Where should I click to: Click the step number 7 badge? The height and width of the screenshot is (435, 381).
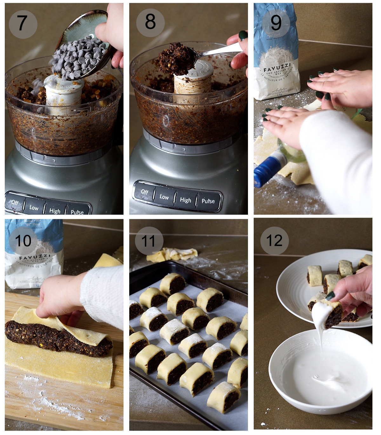(23, 24)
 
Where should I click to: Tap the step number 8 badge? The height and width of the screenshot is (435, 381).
(150, 22)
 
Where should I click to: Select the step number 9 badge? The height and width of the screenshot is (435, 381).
(276, 23)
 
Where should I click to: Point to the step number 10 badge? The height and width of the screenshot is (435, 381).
(23, 241)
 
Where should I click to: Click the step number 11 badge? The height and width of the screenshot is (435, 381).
(149, 241)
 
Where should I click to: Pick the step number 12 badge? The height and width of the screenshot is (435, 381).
(274, 241)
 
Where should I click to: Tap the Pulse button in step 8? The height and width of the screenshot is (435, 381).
(208, 201)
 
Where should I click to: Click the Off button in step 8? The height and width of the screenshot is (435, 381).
(145, 192)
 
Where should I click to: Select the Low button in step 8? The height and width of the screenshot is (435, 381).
(164, 197)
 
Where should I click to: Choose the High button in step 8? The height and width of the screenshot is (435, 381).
(185, 200)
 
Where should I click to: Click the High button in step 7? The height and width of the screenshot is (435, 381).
(55, 210)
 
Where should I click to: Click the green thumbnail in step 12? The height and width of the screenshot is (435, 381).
(330, 296)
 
